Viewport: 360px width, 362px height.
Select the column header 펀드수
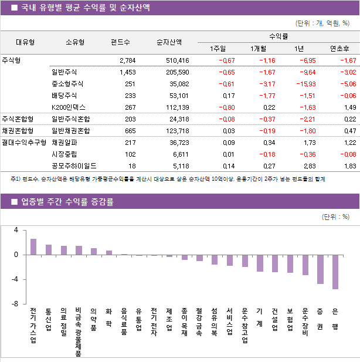tap(120, 42)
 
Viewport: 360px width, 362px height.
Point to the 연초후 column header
tap(339, 49)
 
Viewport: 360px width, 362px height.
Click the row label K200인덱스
tap(69, 107)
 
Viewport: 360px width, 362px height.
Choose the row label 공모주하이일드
tap(74, 166)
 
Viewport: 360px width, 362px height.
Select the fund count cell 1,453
tap(127, 72)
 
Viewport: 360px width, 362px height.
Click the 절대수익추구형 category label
tap(23, 142)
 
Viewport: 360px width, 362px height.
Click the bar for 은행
tap(335, 272)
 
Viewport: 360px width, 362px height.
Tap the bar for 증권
tap(320, 269)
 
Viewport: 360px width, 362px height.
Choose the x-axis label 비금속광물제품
tap(79, 331)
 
